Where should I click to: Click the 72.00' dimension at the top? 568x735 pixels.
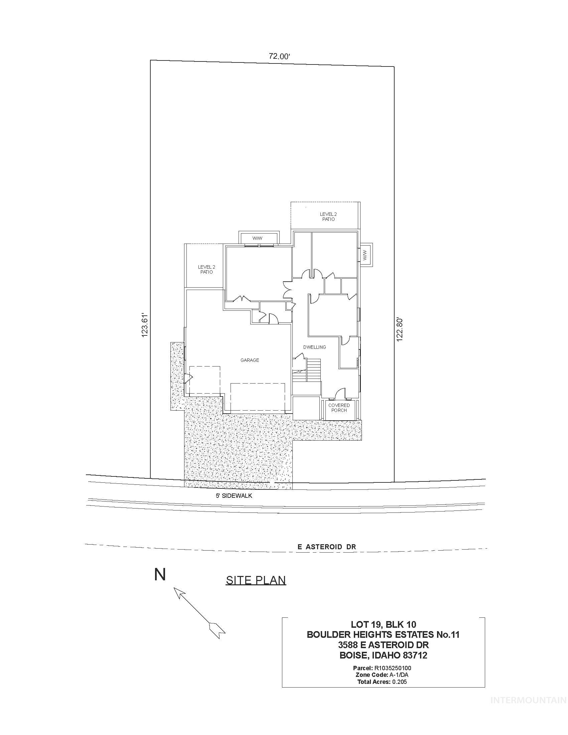pyautogui.click(x=279, y=56)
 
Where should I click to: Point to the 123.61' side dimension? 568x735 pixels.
pyautogui.click(x=145, y=325)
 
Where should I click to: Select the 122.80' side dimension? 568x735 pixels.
pyautogui.click(x=399, y=329)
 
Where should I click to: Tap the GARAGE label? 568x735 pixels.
pyautogui.click(x=250, y=360)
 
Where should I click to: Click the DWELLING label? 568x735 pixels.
pyautogui.click(x=314, y=347)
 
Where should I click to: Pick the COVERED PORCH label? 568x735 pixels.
pyautogui.click(x=339, y=408)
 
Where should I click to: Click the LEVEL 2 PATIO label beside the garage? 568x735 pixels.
pyautogui.click(x=206, y=269)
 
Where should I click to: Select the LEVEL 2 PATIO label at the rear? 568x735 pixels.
pyautogui.click(x=328, y=216)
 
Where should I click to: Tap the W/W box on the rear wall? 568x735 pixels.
pyautogui.click(x=258, y=238)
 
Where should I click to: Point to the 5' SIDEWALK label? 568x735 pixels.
pyautogui.click(x=234, y=496)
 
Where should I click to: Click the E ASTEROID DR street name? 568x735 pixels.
pyautogui.click(x=326, y=547)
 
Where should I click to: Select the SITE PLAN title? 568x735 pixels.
pyautogui.click(x=256, y=580)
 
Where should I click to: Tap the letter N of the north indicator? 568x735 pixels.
pyautogui.click(x=160, y=575)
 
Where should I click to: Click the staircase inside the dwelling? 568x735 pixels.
pyautogui.click(x=314, y=370)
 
